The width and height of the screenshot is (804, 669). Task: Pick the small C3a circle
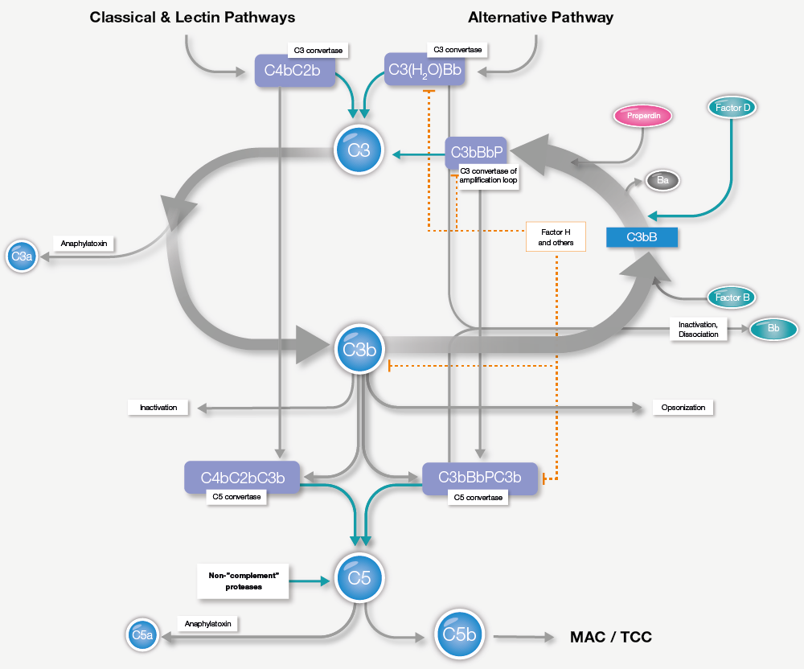click(21, 257)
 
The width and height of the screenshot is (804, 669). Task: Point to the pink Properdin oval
click(642, 116)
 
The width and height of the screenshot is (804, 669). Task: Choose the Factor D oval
click(732, 106)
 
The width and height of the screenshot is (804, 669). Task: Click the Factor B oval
click(732, 298)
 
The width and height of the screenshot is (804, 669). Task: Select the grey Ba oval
click(662, 181)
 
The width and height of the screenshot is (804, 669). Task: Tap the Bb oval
click(773, 329)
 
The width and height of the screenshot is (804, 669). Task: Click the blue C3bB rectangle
click(642, 237)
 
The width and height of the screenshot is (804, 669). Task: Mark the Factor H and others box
click(556, 236)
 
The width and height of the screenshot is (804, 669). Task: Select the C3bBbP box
click(476, 151)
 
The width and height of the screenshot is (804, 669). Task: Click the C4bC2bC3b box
click(242, 476)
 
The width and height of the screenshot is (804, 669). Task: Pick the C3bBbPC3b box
click(479, 477)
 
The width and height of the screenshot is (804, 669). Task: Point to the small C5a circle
click(142, 635)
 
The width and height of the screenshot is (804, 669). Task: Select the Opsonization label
click(683, 408)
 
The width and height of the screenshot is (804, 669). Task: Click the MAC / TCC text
click(610, 637)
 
